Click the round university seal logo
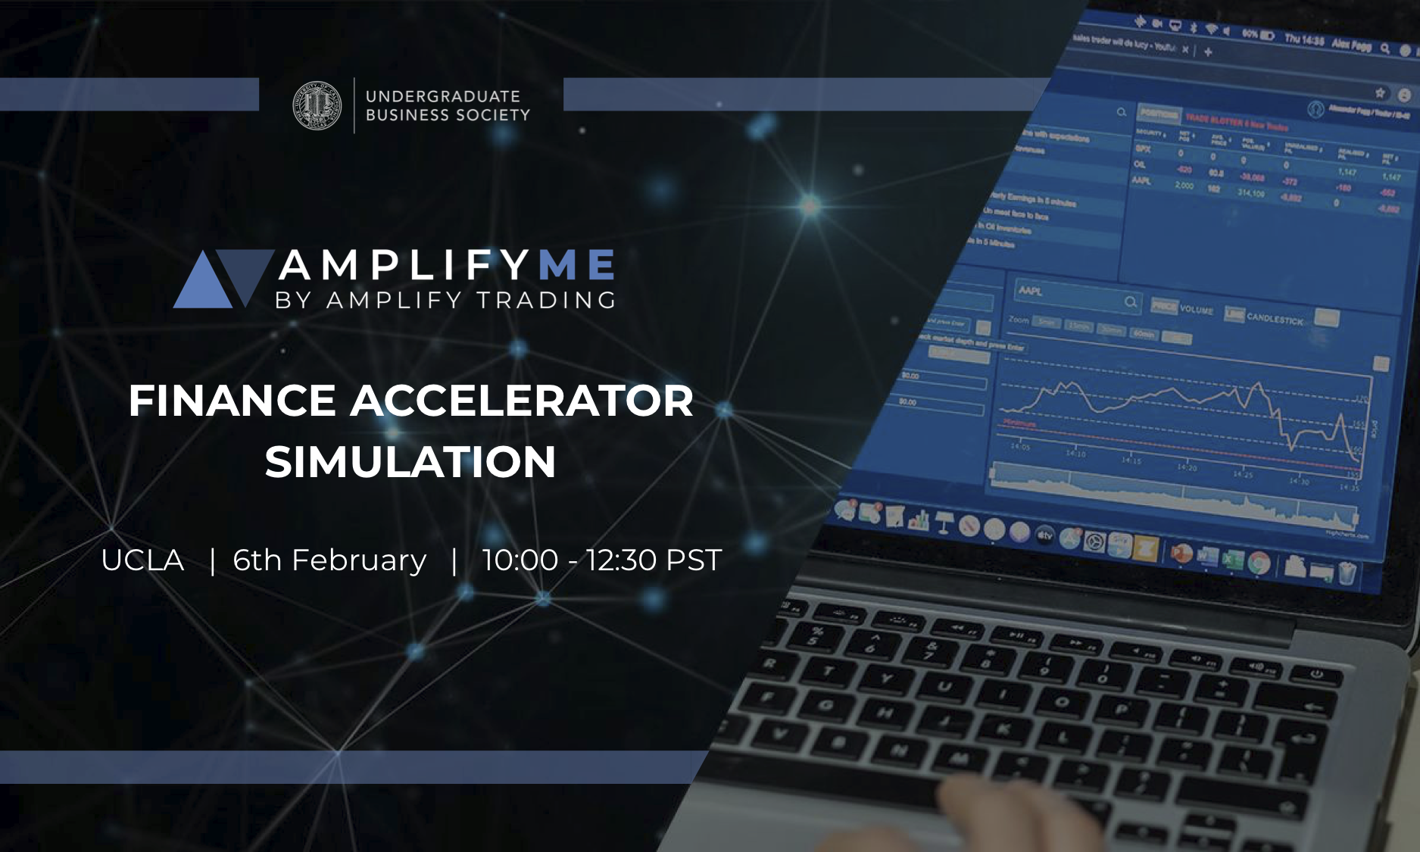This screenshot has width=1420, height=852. coord(317,106)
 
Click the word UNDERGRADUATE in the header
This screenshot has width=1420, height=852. coord(443,96)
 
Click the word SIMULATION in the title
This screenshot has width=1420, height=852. coord(410,462)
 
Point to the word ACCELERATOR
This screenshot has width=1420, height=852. coord(521,401)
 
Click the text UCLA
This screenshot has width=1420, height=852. coord(142,560)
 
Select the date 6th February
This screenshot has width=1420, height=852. coord(329,560)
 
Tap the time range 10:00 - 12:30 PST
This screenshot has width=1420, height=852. coord(601,560)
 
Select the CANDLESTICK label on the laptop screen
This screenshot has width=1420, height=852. coord(1275,319)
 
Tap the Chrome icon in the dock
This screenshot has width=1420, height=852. coord(1258,563)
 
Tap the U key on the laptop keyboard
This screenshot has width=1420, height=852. coord(944,687)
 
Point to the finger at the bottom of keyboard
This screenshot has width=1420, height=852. coord(977,803)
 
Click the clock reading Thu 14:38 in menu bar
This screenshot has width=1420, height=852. coord(1303,39)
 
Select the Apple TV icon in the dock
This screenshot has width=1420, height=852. coord(1044,536)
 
